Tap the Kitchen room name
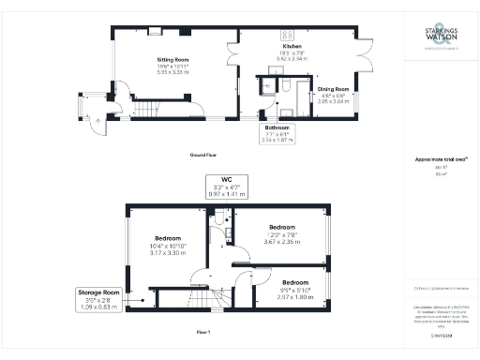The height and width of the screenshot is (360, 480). click(x=293, y=46)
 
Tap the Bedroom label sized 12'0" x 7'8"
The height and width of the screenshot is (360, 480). click(x=282, y=228)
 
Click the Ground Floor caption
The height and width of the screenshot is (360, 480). click(x=203, y=155)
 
